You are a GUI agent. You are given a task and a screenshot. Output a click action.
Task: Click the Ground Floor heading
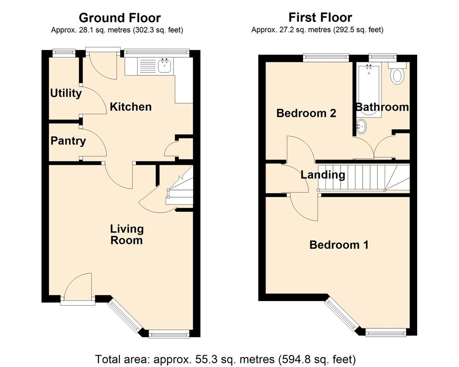point(119,18)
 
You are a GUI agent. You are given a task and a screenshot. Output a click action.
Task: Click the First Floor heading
point(320,17)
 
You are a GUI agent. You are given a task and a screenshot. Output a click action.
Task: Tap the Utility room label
point(66,93)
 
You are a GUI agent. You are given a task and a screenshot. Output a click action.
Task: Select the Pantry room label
point(68,140)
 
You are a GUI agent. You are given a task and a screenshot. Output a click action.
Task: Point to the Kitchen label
point(130,107)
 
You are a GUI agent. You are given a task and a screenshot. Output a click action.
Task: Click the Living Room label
point(126,234)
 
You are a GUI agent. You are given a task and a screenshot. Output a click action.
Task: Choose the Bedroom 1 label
point(339,245)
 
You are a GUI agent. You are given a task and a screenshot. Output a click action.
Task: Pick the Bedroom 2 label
point(306,113)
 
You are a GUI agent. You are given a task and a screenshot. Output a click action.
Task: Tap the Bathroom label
point(382,107)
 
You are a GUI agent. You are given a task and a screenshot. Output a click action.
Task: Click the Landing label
point(323,174)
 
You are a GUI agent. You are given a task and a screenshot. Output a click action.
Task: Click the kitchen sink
point(164,67)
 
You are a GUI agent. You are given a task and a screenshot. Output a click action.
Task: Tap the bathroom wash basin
point(361,126)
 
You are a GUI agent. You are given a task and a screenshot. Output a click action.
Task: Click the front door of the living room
point(78,287)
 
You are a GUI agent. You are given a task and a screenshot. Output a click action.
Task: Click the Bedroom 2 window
point(325,57)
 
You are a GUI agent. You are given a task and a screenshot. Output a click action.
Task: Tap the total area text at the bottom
point(225,358)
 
